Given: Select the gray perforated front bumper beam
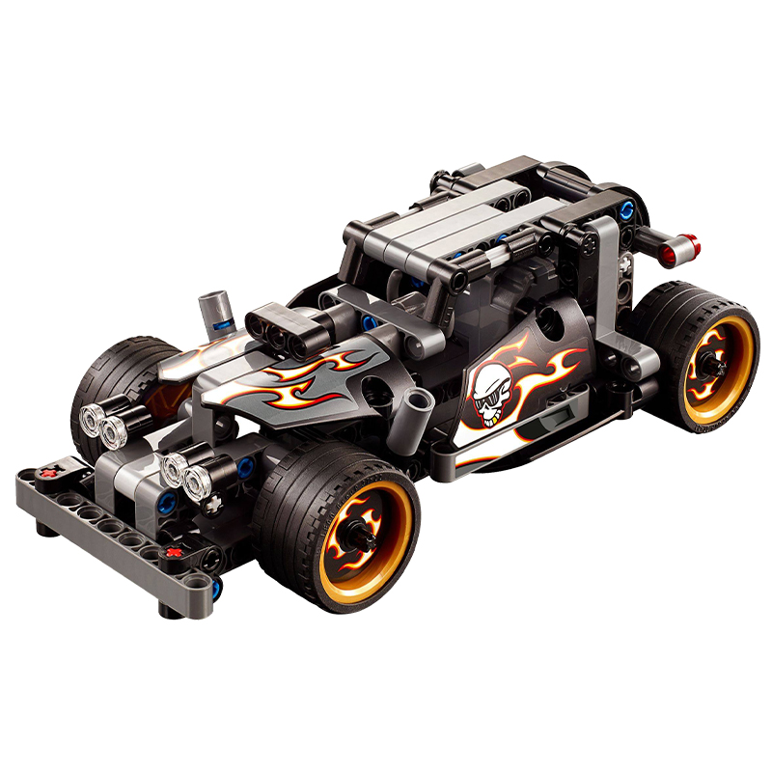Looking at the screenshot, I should coord(106,521).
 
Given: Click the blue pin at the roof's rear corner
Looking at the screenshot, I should coord(628,209).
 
